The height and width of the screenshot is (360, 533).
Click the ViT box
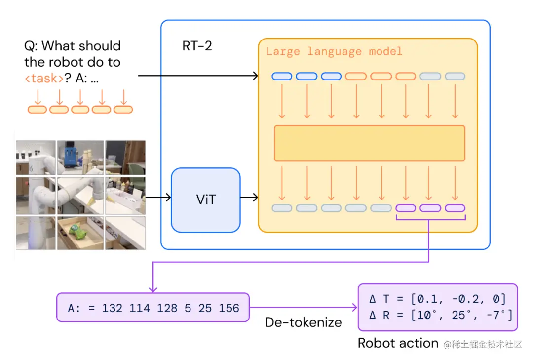point(206,200)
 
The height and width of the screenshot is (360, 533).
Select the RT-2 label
point(197,46)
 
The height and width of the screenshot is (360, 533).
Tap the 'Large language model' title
point(334,52)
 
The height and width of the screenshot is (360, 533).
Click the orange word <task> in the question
point(44,78)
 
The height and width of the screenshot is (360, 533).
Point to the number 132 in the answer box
point(112,308)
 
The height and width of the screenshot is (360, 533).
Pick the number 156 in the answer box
point(229,308)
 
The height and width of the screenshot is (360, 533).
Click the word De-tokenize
point(303,322)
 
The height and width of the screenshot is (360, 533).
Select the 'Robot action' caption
point(398,343)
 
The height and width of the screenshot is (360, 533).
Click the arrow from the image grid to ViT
point(158,197)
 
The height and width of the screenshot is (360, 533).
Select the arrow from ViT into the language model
point(249,197)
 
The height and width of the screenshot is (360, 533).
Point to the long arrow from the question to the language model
point(198,76)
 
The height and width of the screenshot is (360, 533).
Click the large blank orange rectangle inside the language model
point(370,143)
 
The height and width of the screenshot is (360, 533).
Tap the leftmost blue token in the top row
point(282,76)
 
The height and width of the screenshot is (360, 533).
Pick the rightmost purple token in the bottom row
point(455,208)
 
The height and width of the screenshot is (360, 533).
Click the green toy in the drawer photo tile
point(77,230)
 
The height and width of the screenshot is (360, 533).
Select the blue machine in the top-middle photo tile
point(71,156)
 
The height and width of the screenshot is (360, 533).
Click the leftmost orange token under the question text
point(37,110)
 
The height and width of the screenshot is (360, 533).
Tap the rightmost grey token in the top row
point(455,76)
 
